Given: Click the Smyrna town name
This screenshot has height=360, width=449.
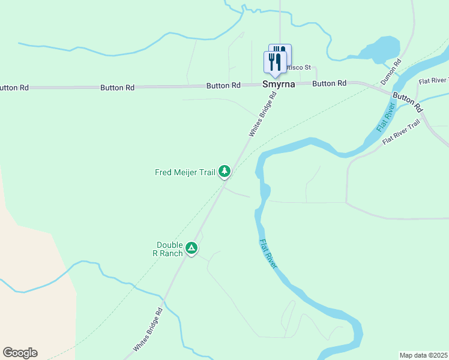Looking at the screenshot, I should coord(279,85).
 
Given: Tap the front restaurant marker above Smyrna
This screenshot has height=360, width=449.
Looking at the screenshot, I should coord(275,63).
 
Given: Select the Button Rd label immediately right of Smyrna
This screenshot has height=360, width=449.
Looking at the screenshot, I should coord(330,84).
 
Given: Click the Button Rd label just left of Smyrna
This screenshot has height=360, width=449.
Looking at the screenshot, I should coord(223,86).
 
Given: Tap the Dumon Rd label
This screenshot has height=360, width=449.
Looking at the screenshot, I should coord(391,71).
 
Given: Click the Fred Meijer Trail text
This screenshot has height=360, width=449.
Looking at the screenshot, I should coord(185,173).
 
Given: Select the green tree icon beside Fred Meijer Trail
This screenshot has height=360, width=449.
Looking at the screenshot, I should coord(224,172).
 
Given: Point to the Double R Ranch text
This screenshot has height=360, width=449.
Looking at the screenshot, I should coord(169,248).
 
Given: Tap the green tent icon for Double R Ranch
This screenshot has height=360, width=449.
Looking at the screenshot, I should coord(191,248).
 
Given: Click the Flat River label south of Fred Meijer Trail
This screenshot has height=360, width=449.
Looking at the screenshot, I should coord(268,253).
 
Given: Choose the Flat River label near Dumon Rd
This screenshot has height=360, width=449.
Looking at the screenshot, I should coord(386,118).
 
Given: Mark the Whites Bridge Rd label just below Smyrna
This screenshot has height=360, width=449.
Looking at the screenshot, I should coord(262,114).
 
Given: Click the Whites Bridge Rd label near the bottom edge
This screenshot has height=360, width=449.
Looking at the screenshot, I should coord(148,330).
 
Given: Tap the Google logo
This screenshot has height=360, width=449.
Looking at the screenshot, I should coord(20,353).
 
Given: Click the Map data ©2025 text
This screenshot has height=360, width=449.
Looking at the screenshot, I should coord(424,355).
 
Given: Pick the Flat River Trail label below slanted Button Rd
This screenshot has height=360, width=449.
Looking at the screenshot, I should coord(402,133).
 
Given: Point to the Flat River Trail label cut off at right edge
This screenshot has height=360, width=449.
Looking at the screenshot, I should coord(433,80).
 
